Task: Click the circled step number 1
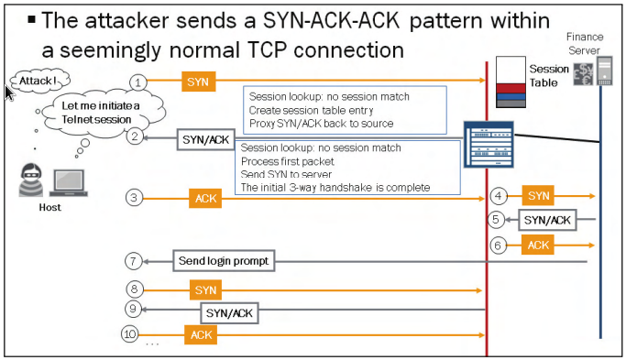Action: coord(137,82)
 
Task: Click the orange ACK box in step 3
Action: coord(203,198)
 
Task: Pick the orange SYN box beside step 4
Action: coord(539,195)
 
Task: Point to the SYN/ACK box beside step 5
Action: coord(546,220)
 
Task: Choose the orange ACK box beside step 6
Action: coord(539,245)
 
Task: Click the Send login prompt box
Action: coord(224,262)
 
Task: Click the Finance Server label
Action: coord(584,42)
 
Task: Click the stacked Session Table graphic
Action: coord(510,82)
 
